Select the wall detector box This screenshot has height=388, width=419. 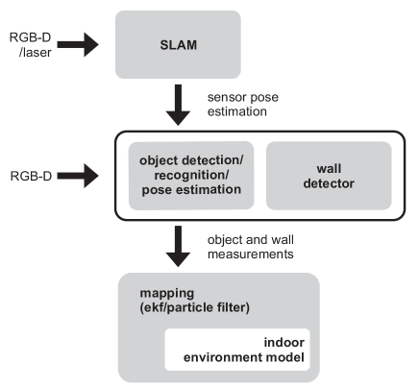click(x=328, y=176)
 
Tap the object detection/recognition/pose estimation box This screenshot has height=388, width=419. click(x=191, y=176)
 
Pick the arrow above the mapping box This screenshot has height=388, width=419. click(x=178, y=246)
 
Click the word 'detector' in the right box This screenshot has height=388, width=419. click(x=328, y=182)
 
